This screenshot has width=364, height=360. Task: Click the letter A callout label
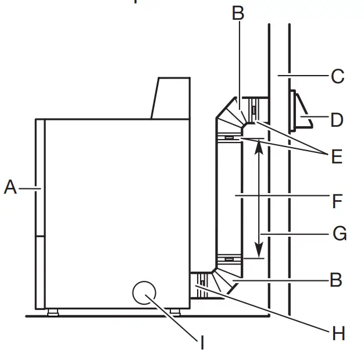click(10, 188)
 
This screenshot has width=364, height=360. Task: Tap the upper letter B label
click(238, 13)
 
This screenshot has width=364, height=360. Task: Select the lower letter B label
click(336, 280)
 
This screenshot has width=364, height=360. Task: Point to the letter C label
click(337, 76)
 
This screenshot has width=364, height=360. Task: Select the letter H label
click(338, 333)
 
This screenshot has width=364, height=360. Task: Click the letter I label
click(202, 343)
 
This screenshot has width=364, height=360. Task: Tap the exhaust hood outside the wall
click(300, 111)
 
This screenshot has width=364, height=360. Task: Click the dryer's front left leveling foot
click(53, 312)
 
